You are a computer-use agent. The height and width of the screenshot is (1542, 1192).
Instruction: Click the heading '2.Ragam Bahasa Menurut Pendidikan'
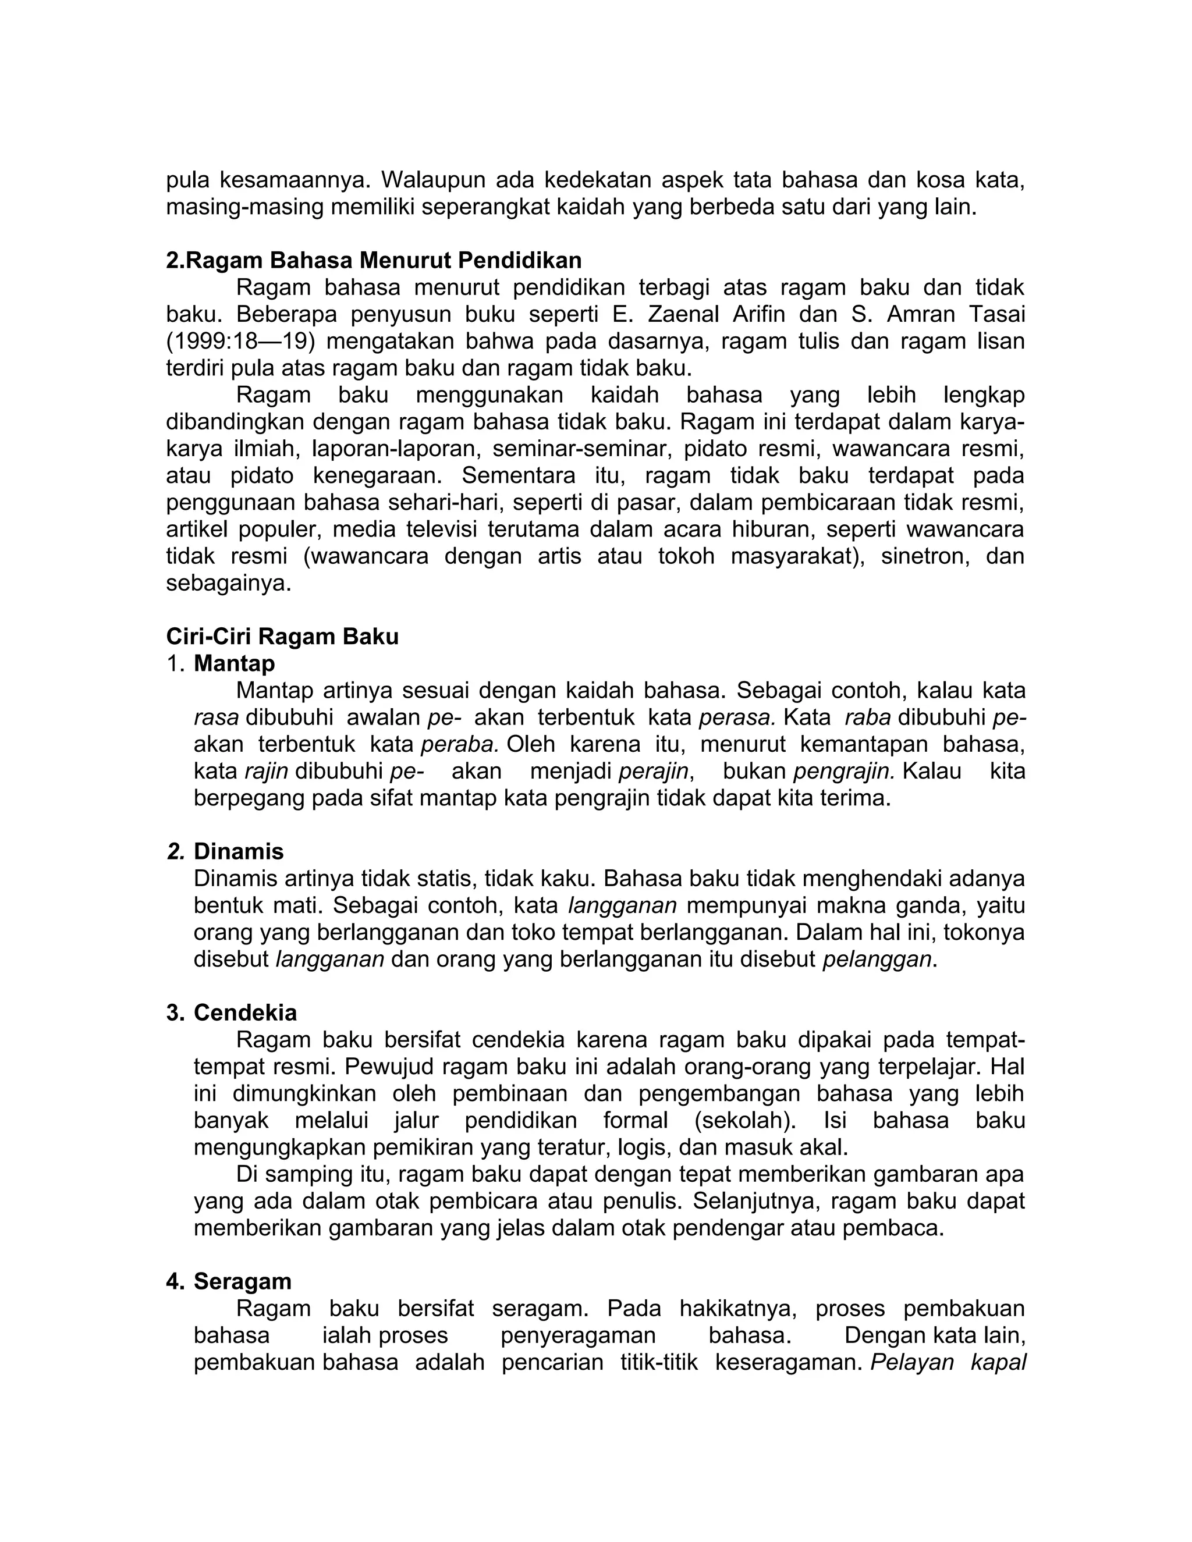click(374, 261)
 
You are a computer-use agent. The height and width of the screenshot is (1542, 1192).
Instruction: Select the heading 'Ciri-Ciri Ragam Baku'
click(282, 637)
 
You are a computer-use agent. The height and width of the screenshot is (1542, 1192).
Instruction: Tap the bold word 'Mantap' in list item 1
click(235, 664)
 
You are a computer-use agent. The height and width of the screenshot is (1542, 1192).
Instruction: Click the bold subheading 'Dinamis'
click(239, 851)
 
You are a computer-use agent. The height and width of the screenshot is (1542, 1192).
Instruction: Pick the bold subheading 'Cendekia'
click(245, 1013)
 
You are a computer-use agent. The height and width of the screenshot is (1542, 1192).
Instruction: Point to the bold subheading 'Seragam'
click(242, 1281)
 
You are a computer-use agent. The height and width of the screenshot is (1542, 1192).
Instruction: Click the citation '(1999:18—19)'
click(240, 342)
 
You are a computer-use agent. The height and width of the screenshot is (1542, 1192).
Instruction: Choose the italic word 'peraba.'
click(460, 745)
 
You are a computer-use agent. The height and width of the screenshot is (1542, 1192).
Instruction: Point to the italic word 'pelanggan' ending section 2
click(877, 960)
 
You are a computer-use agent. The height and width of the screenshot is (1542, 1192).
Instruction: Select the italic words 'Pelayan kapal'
click(948, 1363)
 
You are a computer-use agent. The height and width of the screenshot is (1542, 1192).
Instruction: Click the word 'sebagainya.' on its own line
click(228, 584)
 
